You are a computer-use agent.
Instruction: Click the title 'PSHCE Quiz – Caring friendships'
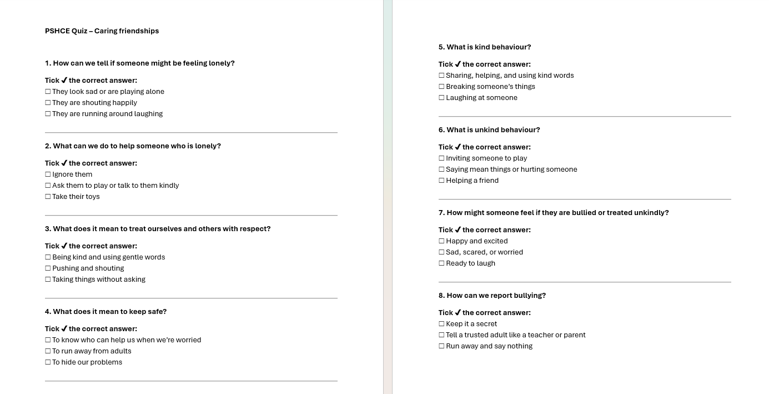102,31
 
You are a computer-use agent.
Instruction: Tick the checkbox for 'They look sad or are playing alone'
48,92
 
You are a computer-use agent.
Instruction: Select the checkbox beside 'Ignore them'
48,174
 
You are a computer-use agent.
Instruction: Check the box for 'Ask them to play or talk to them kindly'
48,186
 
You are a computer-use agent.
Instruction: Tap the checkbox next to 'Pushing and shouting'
48,268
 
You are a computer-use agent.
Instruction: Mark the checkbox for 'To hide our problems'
48,362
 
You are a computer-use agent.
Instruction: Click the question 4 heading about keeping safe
105,312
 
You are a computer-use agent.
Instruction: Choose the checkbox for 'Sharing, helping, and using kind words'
441,76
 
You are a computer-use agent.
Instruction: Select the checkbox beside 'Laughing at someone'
441,98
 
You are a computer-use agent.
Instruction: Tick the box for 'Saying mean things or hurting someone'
441,169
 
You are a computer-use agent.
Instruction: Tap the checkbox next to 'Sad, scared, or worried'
441,252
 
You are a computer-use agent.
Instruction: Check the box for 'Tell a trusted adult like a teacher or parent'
441,335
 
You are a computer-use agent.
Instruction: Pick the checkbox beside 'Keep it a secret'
441,324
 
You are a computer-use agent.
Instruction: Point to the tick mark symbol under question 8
458,313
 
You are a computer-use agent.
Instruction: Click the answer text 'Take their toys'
76,197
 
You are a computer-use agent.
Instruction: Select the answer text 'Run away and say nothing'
489,346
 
